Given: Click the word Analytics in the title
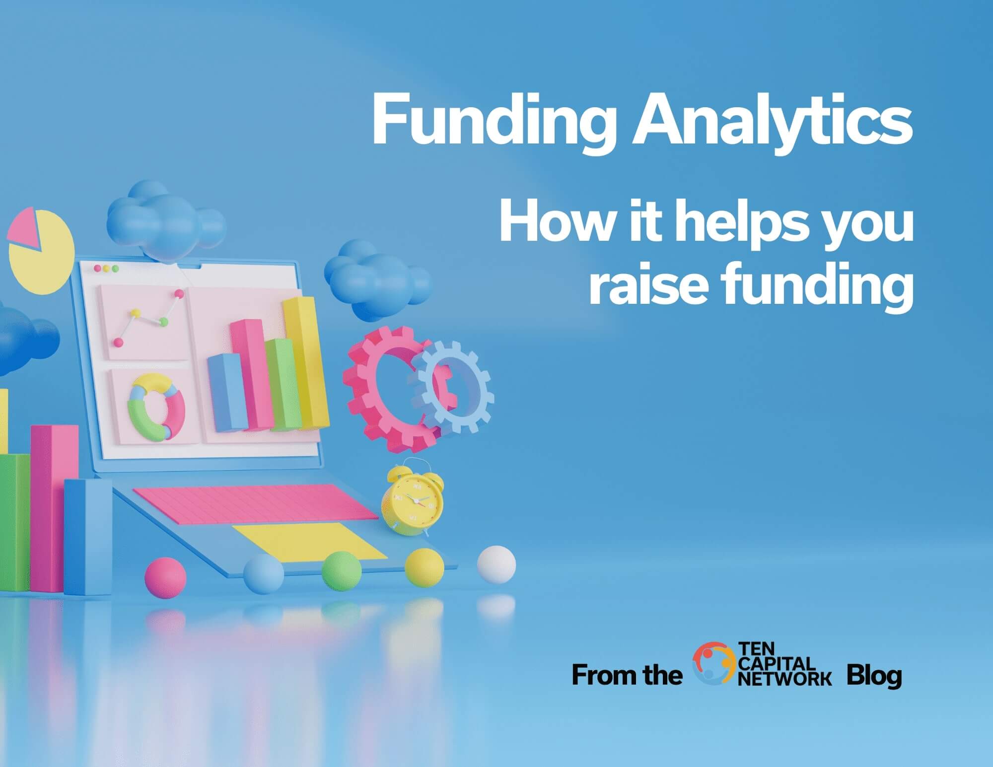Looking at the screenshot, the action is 773,121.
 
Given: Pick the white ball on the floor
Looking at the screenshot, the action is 496,564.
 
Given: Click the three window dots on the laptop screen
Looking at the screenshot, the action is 106,269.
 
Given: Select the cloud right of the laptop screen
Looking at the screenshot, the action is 377,279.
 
